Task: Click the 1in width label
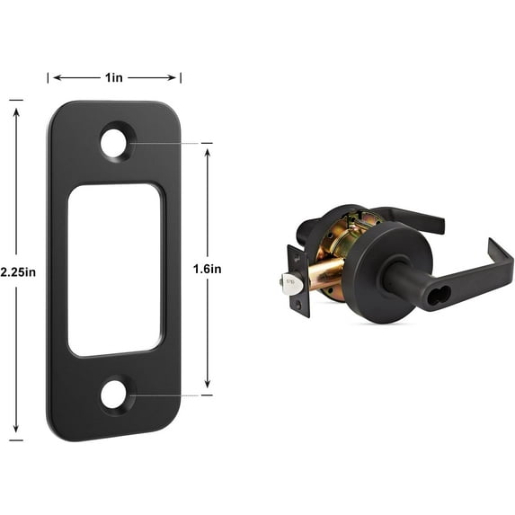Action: point(114,78)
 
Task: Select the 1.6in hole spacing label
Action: point(208,269)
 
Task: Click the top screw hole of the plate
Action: point(114,143)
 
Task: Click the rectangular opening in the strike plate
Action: point(114,270)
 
